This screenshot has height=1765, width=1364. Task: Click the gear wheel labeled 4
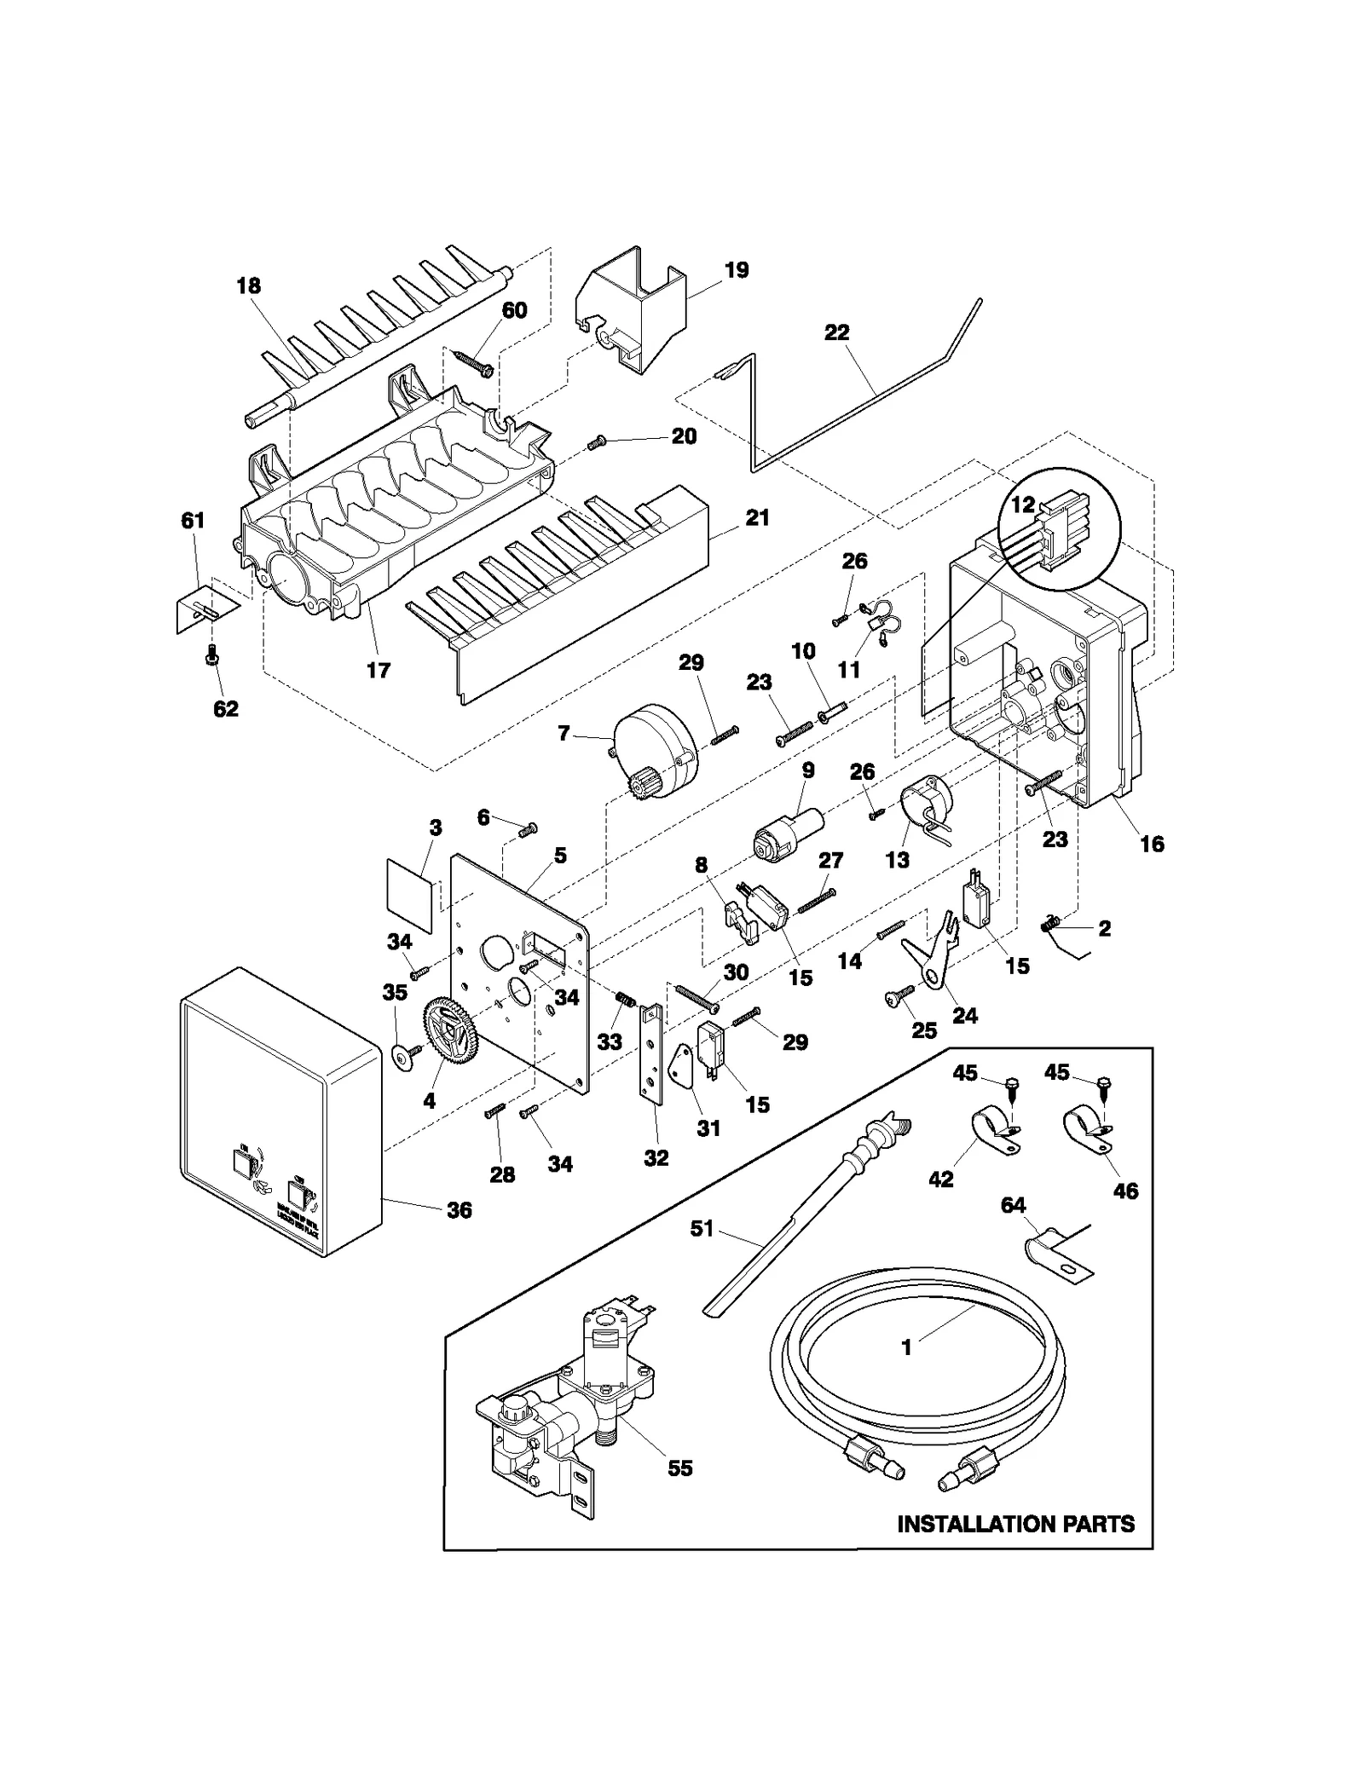click(449, 1030)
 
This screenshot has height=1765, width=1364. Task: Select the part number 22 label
click(836, 332)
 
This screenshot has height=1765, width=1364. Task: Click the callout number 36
click(459, 1210)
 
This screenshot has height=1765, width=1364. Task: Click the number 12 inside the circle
click(1022, 505)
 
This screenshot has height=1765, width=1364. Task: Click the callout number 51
click(702, 1230)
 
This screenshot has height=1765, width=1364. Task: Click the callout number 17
click(378, 670)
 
